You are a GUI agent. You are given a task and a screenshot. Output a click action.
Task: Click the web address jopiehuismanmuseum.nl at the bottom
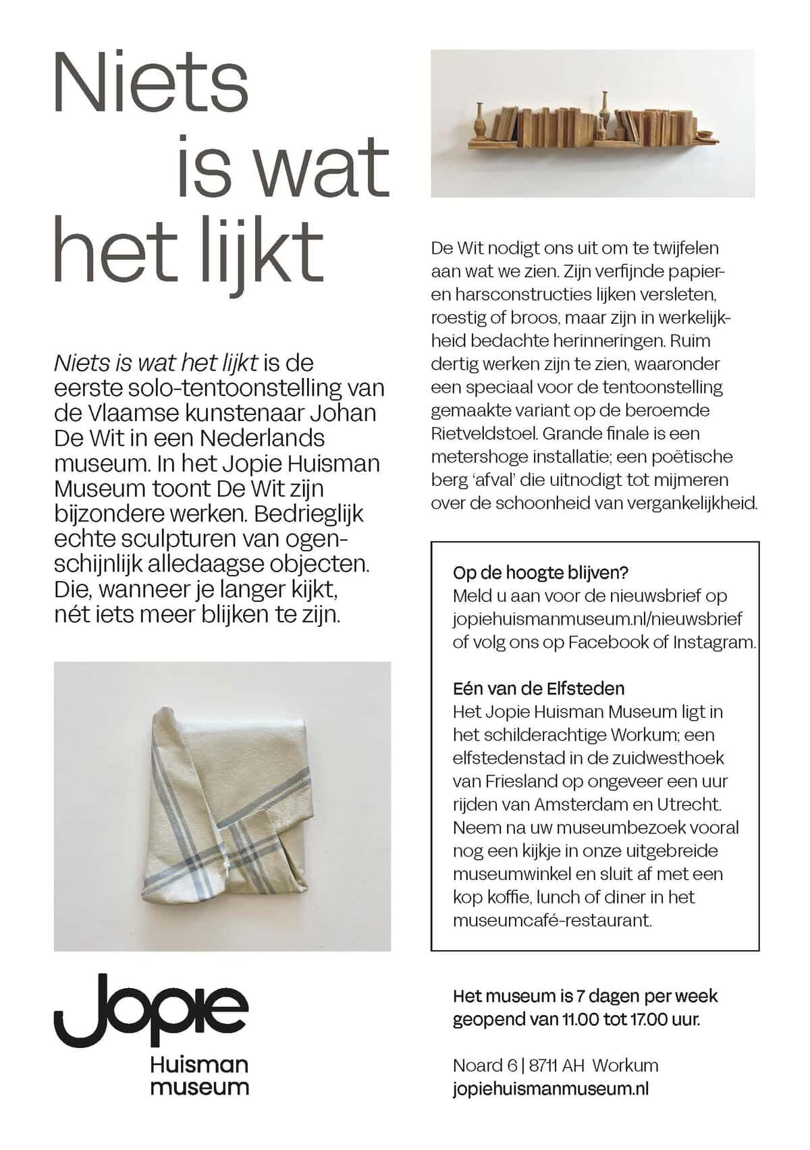click(551, 1088)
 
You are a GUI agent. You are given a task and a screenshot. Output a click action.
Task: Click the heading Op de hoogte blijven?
click(541, 573)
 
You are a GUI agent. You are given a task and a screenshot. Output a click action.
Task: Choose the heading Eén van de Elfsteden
click(539, 688)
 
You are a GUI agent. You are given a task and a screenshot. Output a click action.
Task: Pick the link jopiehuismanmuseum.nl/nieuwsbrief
click(597, 619)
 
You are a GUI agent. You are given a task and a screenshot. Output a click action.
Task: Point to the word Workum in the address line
click(626, 1065)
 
